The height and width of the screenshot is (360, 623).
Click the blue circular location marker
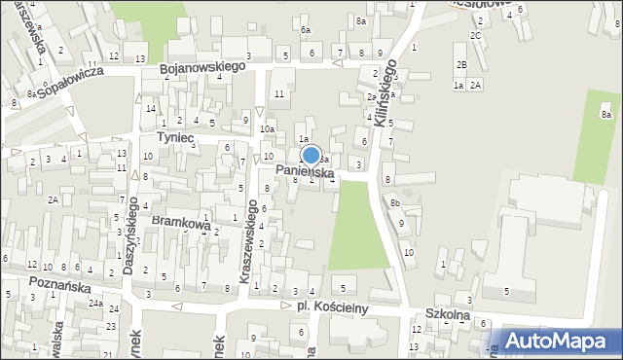(x=311, y=155)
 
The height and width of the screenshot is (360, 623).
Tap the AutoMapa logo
(x=559, y=340)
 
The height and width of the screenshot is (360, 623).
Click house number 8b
(x=395, y=202)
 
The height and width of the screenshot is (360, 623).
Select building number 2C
(x=475, y=36)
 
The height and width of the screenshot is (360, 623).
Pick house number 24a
(x=95, y=304)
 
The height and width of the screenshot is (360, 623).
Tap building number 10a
(x=267, y=129)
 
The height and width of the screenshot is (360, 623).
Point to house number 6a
(x=305, y=30)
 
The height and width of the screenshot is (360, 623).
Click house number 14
(x=150, y=108)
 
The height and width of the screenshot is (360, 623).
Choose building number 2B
(x=461, y=64)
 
